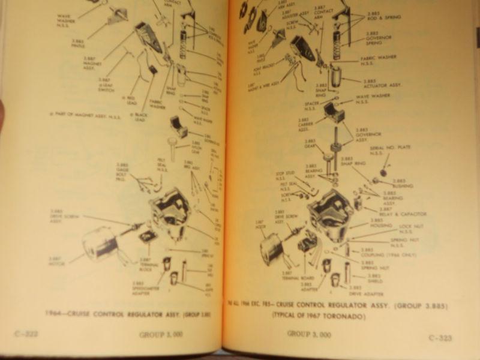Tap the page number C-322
25,334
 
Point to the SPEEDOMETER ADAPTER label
143,286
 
